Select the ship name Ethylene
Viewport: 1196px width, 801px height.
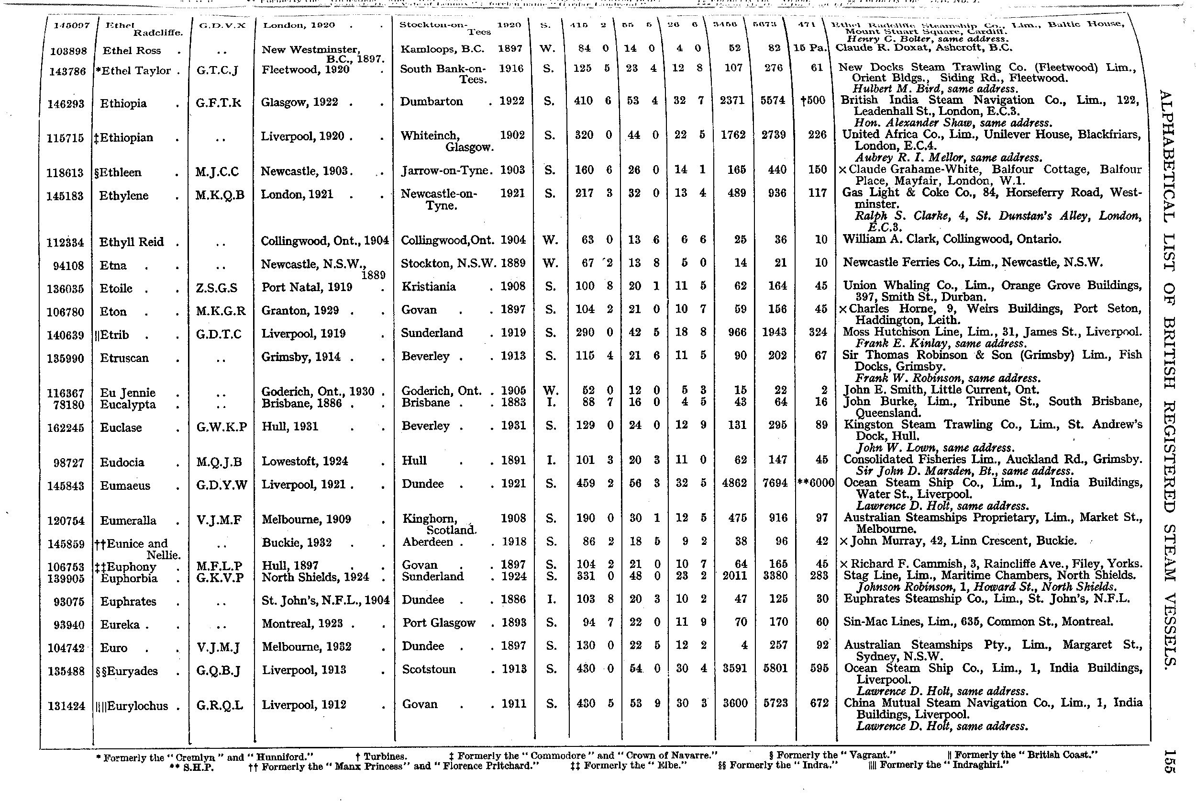[124, 196]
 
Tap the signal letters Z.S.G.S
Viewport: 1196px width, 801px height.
[216, 288]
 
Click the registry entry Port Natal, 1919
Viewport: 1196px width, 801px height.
[307, 287]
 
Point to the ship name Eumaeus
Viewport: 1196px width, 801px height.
[125, 485]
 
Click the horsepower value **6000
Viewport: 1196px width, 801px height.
[816, 483]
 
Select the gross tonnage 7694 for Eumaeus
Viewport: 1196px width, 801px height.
[775, 483]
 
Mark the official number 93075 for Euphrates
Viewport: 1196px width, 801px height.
[68, 602]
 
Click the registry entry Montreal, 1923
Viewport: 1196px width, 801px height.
[302, 624]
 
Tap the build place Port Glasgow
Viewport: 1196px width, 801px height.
[439, 623]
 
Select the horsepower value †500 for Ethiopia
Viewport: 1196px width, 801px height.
[813, 101]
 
